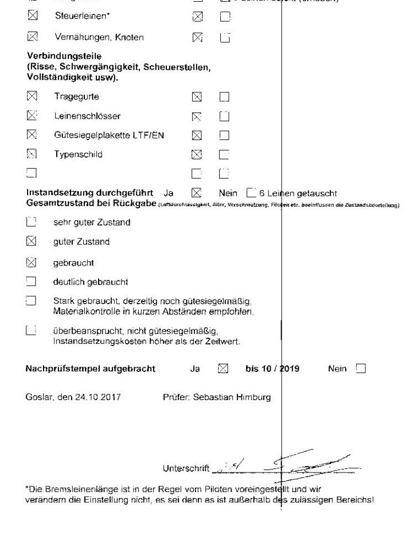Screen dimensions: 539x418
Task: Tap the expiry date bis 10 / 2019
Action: click(276, 369)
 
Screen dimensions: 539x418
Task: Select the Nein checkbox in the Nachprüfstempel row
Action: click(360, 369)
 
